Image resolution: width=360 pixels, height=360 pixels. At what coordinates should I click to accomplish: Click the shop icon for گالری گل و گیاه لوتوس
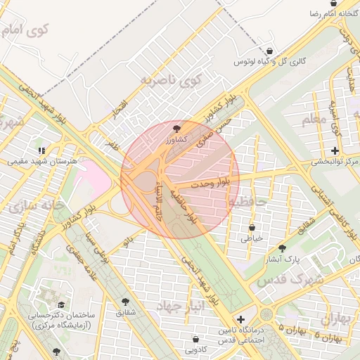tap(271, 51)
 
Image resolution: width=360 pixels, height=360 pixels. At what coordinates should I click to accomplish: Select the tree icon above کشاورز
tap(176, 129)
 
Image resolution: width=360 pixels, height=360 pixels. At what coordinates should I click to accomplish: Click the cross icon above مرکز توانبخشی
tap(335, 150)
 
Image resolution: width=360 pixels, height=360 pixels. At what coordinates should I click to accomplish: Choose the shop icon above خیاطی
tap(252, 227)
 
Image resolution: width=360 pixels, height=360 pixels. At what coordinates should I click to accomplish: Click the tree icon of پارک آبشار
tap(283, 248)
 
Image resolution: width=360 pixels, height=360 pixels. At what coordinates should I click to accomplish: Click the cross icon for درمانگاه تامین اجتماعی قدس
tap(241, 319)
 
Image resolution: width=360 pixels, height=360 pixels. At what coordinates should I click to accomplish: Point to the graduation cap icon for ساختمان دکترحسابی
tap(61, 305)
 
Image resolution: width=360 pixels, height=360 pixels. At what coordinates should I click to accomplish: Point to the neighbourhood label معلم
tap(314, 120)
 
